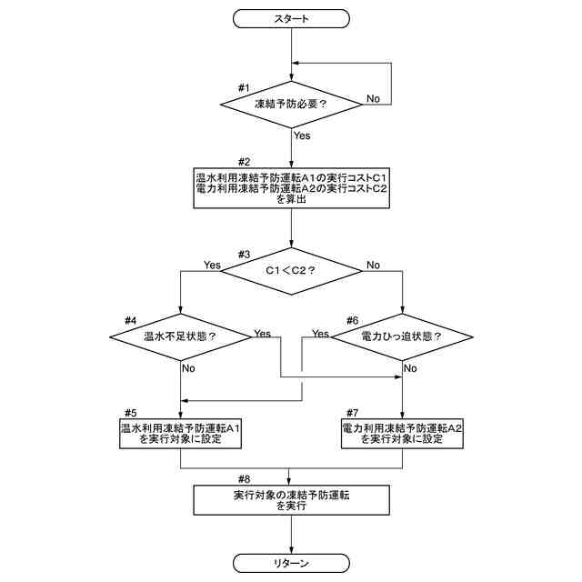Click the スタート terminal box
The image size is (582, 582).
(291, 18)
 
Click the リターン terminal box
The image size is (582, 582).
(291, 564)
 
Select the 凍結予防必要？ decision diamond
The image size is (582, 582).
(291, 104)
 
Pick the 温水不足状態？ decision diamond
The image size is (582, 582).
(181, 336)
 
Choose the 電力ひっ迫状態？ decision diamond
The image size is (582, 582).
(401, 336)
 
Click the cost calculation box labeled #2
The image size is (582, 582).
(291, 187)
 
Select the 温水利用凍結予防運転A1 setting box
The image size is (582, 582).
(181, 432)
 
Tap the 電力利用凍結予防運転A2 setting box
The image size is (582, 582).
(401, 432)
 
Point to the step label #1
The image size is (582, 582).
(244, 87)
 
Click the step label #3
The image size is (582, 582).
(244, 254)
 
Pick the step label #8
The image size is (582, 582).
(244, 479)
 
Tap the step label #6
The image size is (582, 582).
(353, 320)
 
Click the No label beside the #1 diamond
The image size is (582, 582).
(373, 96)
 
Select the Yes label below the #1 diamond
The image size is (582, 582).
(302, 135)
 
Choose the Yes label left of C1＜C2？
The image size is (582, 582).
(212, 266)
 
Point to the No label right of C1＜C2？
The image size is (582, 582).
(373, 266)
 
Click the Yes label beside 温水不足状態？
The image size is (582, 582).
(263, 334)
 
